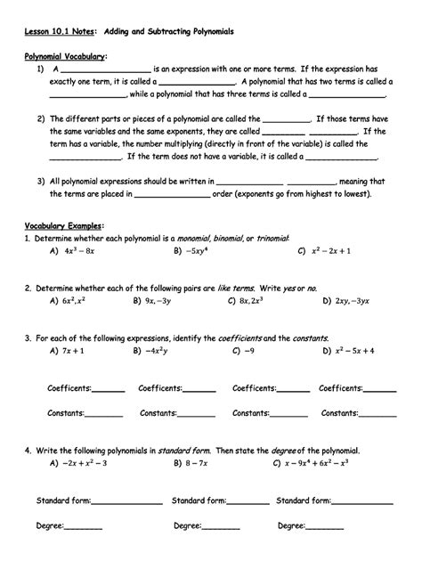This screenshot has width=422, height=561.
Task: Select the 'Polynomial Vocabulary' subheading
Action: [65, 55]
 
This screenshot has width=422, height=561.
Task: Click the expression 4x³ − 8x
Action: [79, 252]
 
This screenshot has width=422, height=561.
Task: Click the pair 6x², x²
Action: [75, 301]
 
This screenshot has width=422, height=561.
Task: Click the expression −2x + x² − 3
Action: [85, 463]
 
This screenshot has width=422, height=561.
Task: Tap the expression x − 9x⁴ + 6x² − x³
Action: [324, 463]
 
